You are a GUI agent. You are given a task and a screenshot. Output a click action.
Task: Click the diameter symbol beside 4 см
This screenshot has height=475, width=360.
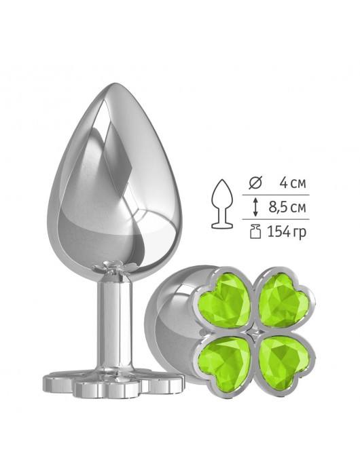(x=255, y=183)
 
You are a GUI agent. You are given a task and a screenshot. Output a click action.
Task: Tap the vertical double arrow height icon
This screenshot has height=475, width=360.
(x=255, y=207)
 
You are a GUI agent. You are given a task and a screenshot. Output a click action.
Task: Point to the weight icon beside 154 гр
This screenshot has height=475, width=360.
(x=255, y=231)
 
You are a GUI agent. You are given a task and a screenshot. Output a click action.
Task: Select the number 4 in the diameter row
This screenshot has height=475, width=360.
(x=284, y=183)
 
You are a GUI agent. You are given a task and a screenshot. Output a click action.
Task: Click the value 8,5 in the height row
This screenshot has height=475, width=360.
(x=278, y=208)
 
